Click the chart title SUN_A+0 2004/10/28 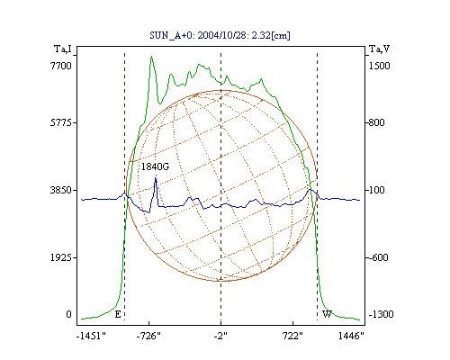click(220, 35)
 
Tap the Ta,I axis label click(63, 49)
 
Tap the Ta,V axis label click(379, 49)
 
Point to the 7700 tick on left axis click(61, 66)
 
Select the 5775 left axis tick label click(61, 122)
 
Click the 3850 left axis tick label click(61, 190)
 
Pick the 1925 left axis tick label click(61, 257)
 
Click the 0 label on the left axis click(68, 314)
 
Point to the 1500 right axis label click(379, 66)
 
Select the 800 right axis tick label click(376, 122)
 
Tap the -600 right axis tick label click(378, 257)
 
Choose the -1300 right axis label click(381, 314)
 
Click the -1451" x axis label click(91, 336)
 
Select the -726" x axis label click(148, 336)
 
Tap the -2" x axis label click(220, 336)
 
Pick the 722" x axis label click(293, 336)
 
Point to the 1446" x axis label click(351, 336)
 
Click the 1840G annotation click(155, 166)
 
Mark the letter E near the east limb click(118, 314)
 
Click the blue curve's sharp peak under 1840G click(156, 178)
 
